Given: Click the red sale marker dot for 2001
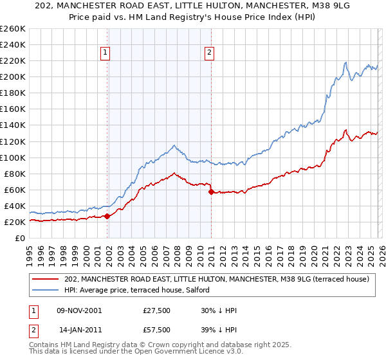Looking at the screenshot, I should click(107, 216).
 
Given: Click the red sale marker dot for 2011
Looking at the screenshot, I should click(211, 192).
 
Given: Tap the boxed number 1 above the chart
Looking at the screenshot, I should click(105, 53).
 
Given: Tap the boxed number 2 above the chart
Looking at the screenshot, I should click(210, 53).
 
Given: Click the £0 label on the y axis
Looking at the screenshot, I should click(20, 238).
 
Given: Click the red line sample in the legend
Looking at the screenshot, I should click(47, 279).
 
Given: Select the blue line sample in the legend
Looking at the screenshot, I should click(47, 290).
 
